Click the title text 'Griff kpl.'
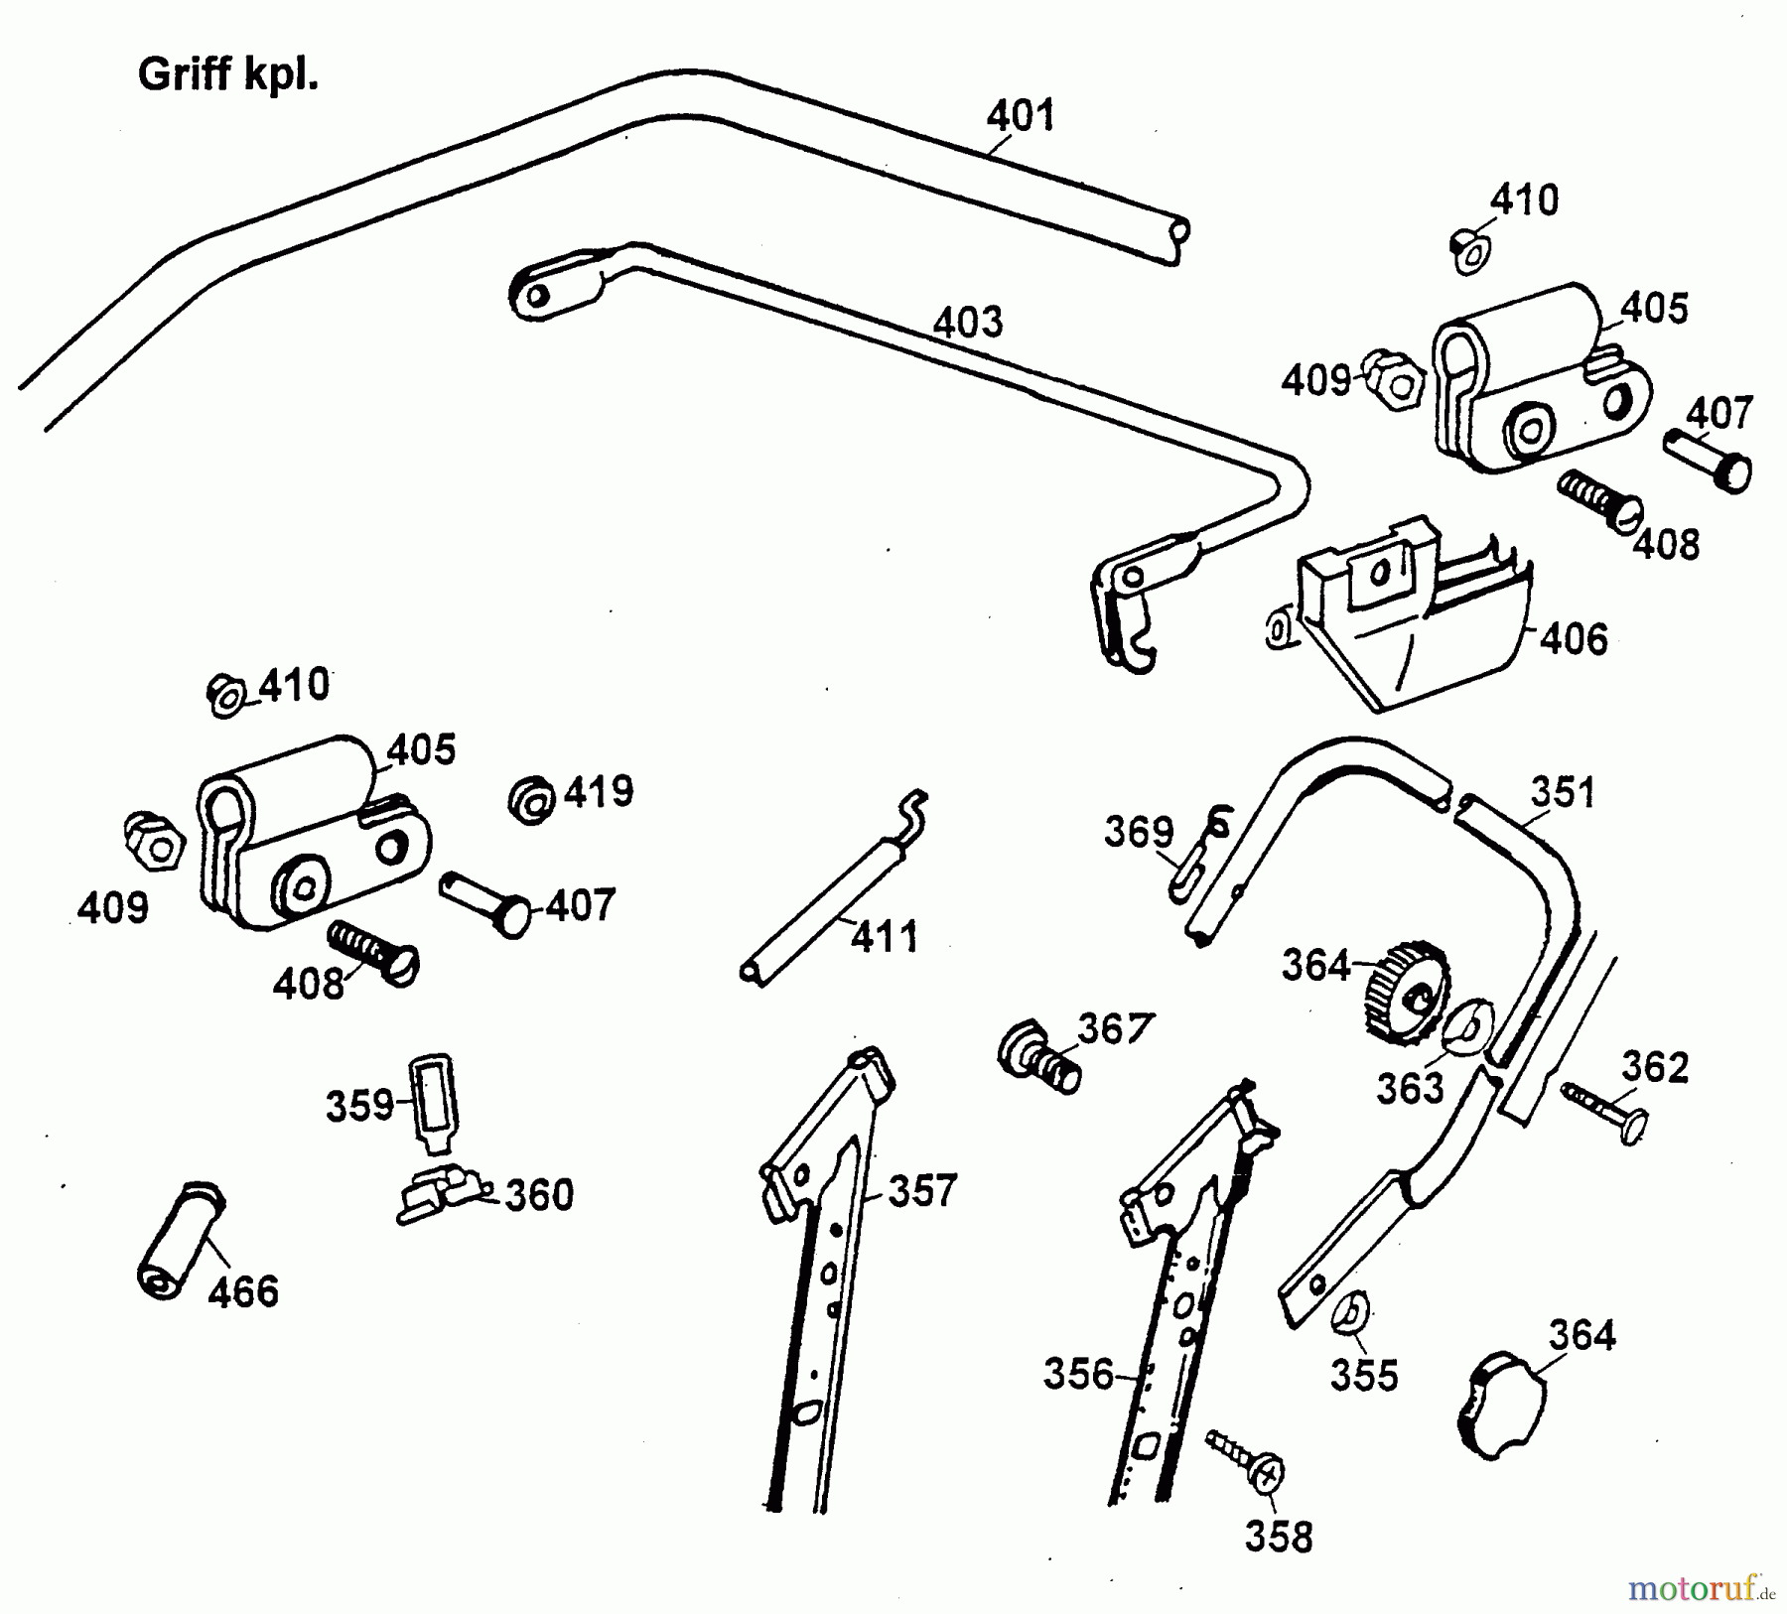[227, 74]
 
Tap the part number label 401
[1020, 116]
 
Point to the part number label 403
[968, 323]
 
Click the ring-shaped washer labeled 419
[532, 799]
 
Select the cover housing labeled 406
[1410, 620]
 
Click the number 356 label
[1078, 1374]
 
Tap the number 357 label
[922, 1190]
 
